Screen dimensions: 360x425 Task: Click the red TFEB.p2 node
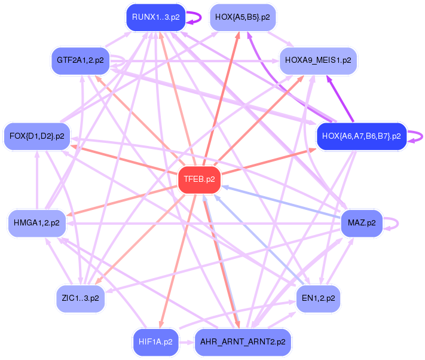[x=200, y=179]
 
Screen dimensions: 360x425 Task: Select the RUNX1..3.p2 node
[x=155, y=17]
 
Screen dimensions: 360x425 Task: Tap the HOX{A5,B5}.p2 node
[x=242, y=17]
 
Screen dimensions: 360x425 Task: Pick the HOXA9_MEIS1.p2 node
[x=318, y=60]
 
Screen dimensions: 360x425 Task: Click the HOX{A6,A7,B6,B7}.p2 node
[x=361, y=136]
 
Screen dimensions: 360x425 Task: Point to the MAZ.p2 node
[x=362, y=223]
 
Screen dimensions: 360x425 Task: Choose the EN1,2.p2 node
[x=318, y=297]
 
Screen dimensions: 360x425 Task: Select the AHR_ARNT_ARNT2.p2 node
[x=243, y=342]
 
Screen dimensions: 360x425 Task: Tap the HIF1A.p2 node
[x=155, y=342]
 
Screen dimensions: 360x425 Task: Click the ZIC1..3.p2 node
[x=80, y=297]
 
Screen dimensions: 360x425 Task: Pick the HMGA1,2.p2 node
[x=36, y=223]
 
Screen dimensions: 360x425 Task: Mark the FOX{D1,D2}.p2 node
[x=36, y=136]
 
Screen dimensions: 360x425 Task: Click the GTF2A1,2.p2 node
[x=80, y=60]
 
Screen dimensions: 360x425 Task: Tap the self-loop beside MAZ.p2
[x=392, y=223]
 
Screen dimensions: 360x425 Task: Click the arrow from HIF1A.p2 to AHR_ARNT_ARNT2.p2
[x=186, y=343]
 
